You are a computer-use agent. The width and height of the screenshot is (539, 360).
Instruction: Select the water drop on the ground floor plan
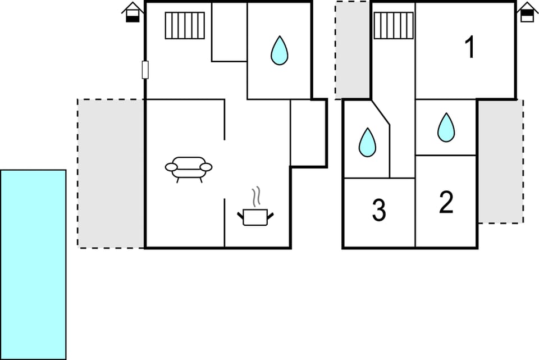[x=279, y=51]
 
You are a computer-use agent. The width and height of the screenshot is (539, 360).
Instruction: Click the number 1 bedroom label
[x=471, y=48]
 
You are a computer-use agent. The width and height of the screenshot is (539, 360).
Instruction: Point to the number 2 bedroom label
[x=446, y=203]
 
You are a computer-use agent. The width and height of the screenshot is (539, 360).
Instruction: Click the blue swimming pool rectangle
[x=33, y=264]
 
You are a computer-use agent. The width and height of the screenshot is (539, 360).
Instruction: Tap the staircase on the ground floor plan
[x=185, y=26]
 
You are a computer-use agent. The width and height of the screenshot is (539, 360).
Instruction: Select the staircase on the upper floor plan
[x=393, y=26]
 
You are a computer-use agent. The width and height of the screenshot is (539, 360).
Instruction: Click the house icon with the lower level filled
[x=133, y=12]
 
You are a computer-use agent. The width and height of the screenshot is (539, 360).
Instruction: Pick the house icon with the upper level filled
[x=527, y=12]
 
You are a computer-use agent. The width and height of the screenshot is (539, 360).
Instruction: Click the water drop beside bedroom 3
[x=367, y=143]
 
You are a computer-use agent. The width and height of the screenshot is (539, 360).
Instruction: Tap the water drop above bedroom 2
[x=446, y=127]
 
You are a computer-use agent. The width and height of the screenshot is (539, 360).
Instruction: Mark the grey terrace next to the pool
[x=111, y=173]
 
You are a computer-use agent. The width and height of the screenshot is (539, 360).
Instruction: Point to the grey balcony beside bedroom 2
[x=500, y=161]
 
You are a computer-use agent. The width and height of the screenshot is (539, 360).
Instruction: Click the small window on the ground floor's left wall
[x=145, y=70]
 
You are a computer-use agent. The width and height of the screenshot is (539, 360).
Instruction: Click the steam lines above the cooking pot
[x=257, y=197]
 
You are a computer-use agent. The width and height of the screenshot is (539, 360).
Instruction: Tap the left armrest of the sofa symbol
[x=171, y=167]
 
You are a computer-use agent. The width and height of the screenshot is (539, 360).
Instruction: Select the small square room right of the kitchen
[x=308, y=133]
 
